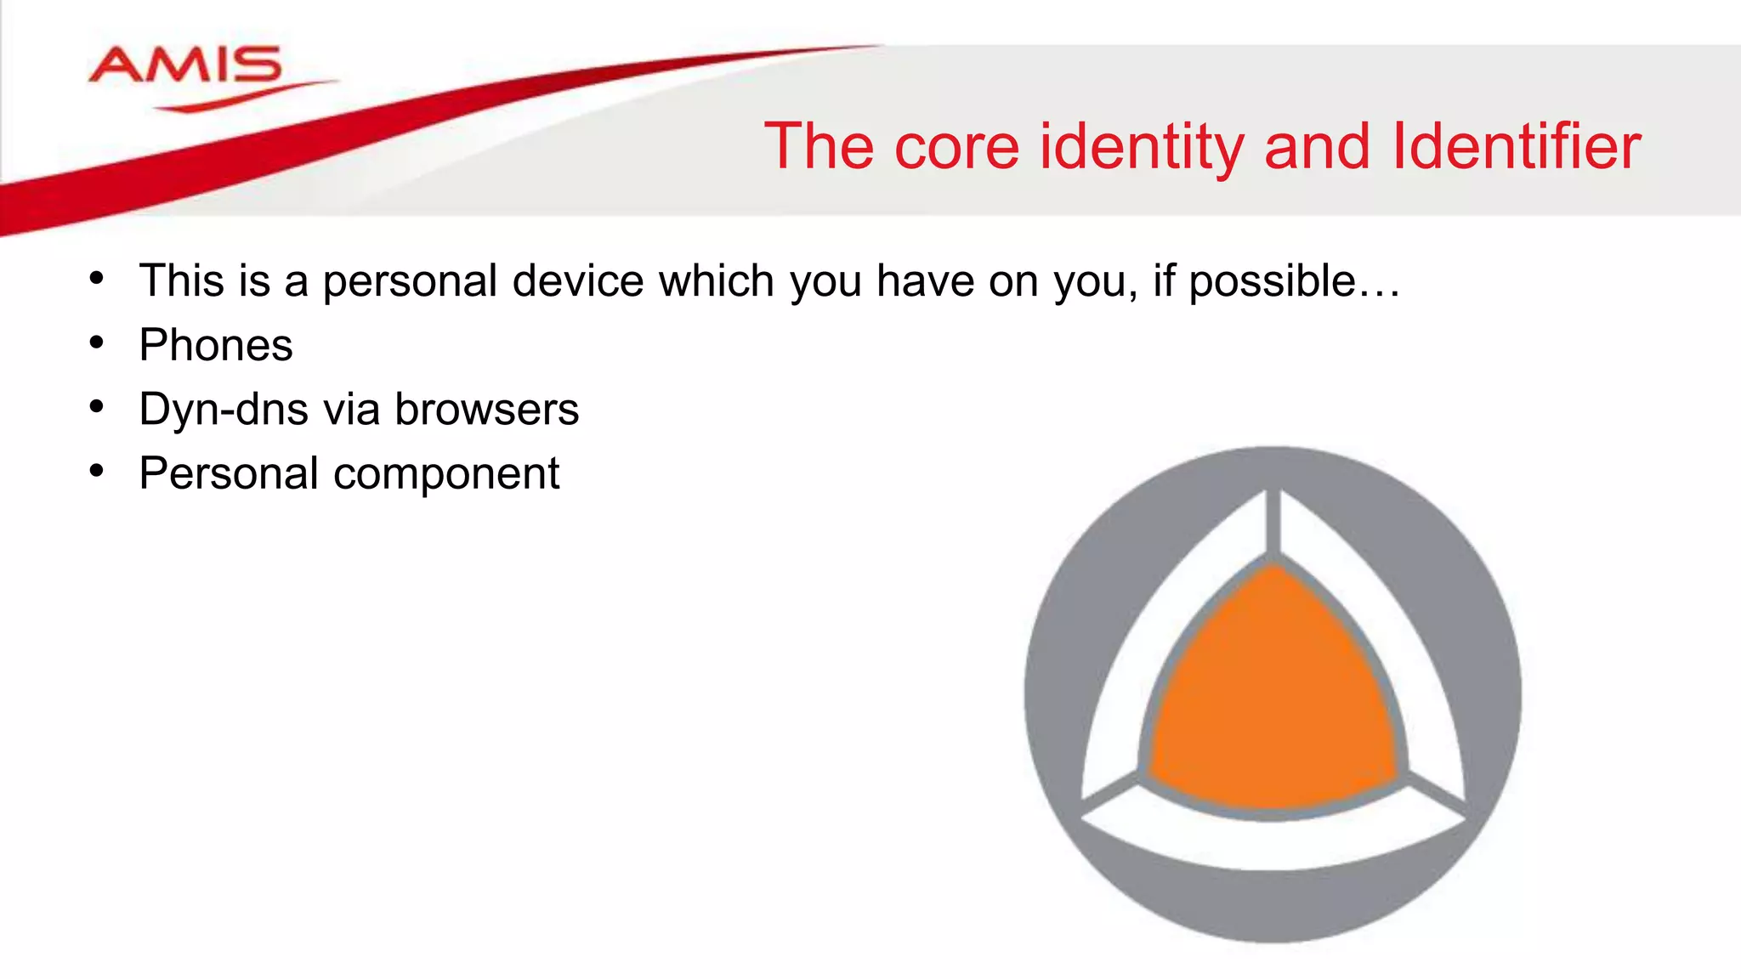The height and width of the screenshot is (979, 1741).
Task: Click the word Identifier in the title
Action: [x=1516, y=146]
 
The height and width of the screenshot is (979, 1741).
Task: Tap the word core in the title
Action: [x=956, y=146]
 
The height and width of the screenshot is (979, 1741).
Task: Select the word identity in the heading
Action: [x=1142, y=146]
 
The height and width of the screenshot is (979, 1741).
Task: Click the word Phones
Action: [x=216, y=345]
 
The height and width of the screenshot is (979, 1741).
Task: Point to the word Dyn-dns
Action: [x=224, y=410]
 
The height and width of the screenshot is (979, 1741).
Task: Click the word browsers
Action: [x=486, y=410]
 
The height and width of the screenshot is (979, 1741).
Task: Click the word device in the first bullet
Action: [x=578, y=280]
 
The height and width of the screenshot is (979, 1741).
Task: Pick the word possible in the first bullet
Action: [x=1272, y=281]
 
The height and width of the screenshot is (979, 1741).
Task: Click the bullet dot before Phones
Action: [x=97, y=342]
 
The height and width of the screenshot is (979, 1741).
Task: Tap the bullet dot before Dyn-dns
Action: [x=97, y=407]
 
